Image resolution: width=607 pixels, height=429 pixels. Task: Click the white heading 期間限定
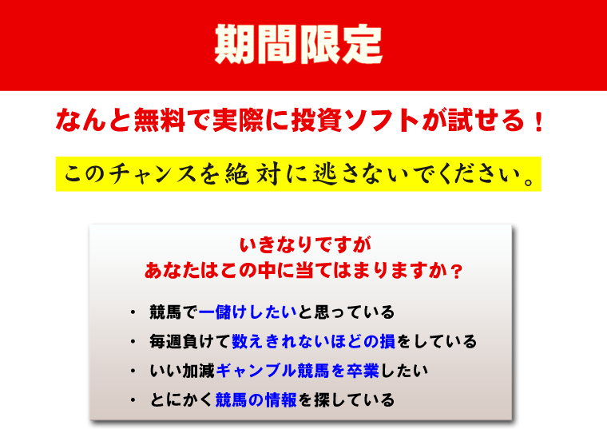tap(299, 44)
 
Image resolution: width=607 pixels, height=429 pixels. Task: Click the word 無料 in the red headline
tap(160, 120)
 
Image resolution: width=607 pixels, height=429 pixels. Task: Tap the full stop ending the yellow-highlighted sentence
tap(529, 181)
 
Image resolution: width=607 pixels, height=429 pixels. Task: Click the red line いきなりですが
tap(305, 244)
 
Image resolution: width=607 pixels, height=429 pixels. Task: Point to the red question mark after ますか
tap(457, 271)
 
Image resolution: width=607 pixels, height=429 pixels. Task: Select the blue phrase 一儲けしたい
tap(248, 312)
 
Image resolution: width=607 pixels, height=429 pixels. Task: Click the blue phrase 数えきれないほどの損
tap(314, 341)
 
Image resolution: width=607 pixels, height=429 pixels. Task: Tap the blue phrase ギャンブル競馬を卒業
tap(297, 371)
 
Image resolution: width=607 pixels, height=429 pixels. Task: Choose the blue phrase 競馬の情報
tap(256, 400)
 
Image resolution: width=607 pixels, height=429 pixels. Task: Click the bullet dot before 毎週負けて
tap(133, 341)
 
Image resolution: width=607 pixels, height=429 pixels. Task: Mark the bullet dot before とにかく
tap(133, 400)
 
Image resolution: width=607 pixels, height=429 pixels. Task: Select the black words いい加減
tap(182, 371)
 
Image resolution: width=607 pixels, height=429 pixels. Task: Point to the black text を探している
tap(346, 400)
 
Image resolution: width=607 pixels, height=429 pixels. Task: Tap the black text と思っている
tap(346, 312)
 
